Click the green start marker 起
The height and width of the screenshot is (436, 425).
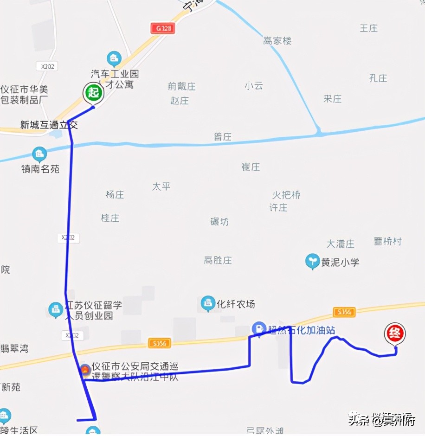click(x=93, y=92)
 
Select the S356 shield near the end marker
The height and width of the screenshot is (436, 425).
click(x=344, y=312)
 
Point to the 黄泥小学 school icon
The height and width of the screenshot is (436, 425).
click(x=312, y=262)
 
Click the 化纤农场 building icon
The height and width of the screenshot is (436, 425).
click(x=208, y=304)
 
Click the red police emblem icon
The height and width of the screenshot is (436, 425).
click(x=85, y=370)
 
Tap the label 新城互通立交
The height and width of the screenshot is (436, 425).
click(x=49, y=125)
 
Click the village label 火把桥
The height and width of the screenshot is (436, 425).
click(x=286, y=195)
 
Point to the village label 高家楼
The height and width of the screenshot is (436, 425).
click(x=277, y=41)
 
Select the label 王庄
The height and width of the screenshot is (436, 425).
click(x=369, y=28)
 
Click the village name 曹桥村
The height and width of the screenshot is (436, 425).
click(x=387, y=241)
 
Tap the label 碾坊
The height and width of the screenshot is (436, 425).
click(x=219, y=222)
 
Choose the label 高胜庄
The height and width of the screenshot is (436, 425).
click(x=218, y=260)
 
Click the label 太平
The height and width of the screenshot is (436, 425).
click(x=161, y=186)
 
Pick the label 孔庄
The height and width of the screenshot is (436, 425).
click(x=378, y=78)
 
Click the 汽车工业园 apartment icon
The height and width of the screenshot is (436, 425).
click(x=114, y=58)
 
